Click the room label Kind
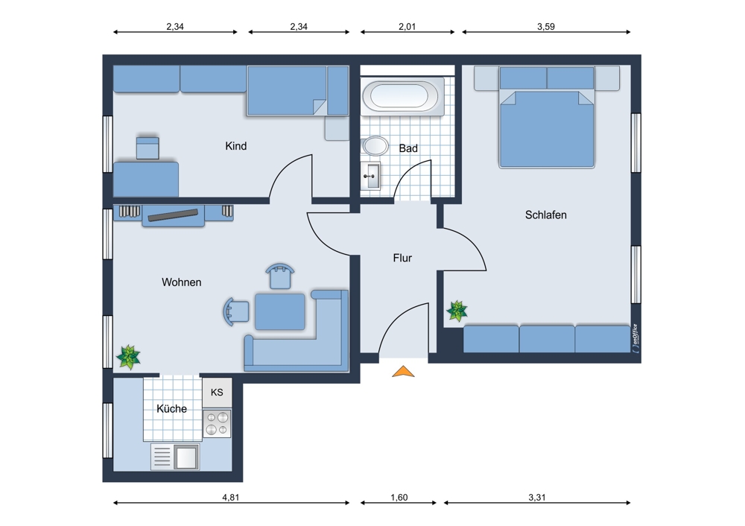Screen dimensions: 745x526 click(235, 146)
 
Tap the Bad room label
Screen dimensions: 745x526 click(408, 148)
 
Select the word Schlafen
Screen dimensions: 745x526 click(545, 215)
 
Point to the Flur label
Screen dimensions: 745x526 click(402, 258)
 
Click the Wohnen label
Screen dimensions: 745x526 click(182, 282)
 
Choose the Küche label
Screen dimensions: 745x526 click(171, 408)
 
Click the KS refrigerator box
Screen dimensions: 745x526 click(217, 393)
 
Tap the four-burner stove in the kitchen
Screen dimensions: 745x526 click(217, 424)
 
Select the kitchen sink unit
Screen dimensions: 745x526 click(175, 457)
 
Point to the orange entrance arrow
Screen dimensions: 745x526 click(403, 371)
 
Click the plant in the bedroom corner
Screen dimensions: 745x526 click(457, 311)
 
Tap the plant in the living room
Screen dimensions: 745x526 click(128, 357)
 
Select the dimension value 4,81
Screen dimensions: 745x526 click(230, 498)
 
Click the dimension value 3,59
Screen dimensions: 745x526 click(546, 27)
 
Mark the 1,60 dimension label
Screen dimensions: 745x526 click(399, 498)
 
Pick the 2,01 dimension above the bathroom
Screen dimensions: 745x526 click(408, 27)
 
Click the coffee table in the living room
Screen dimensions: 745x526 click(280, 311)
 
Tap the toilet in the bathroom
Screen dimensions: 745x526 click(375, 146)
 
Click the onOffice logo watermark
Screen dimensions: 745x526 click(635, 338)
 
